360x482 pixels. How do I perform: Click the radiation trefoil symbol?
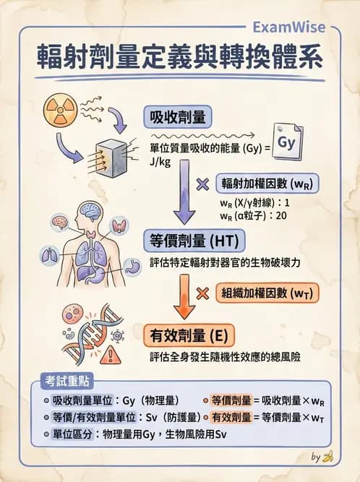click(x=59, y=108)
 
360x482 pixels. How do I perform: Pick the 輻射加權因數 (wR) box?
click(x=267, y=183)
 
